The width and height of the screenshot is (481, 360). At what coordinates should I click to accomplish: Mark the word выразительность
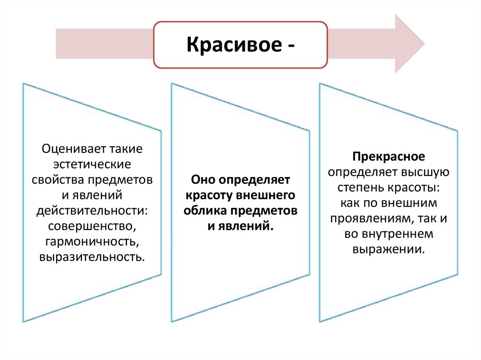tap(91, 257)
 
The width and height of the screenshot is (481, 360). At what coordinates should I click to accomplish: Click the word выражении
tap(389, 249)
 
